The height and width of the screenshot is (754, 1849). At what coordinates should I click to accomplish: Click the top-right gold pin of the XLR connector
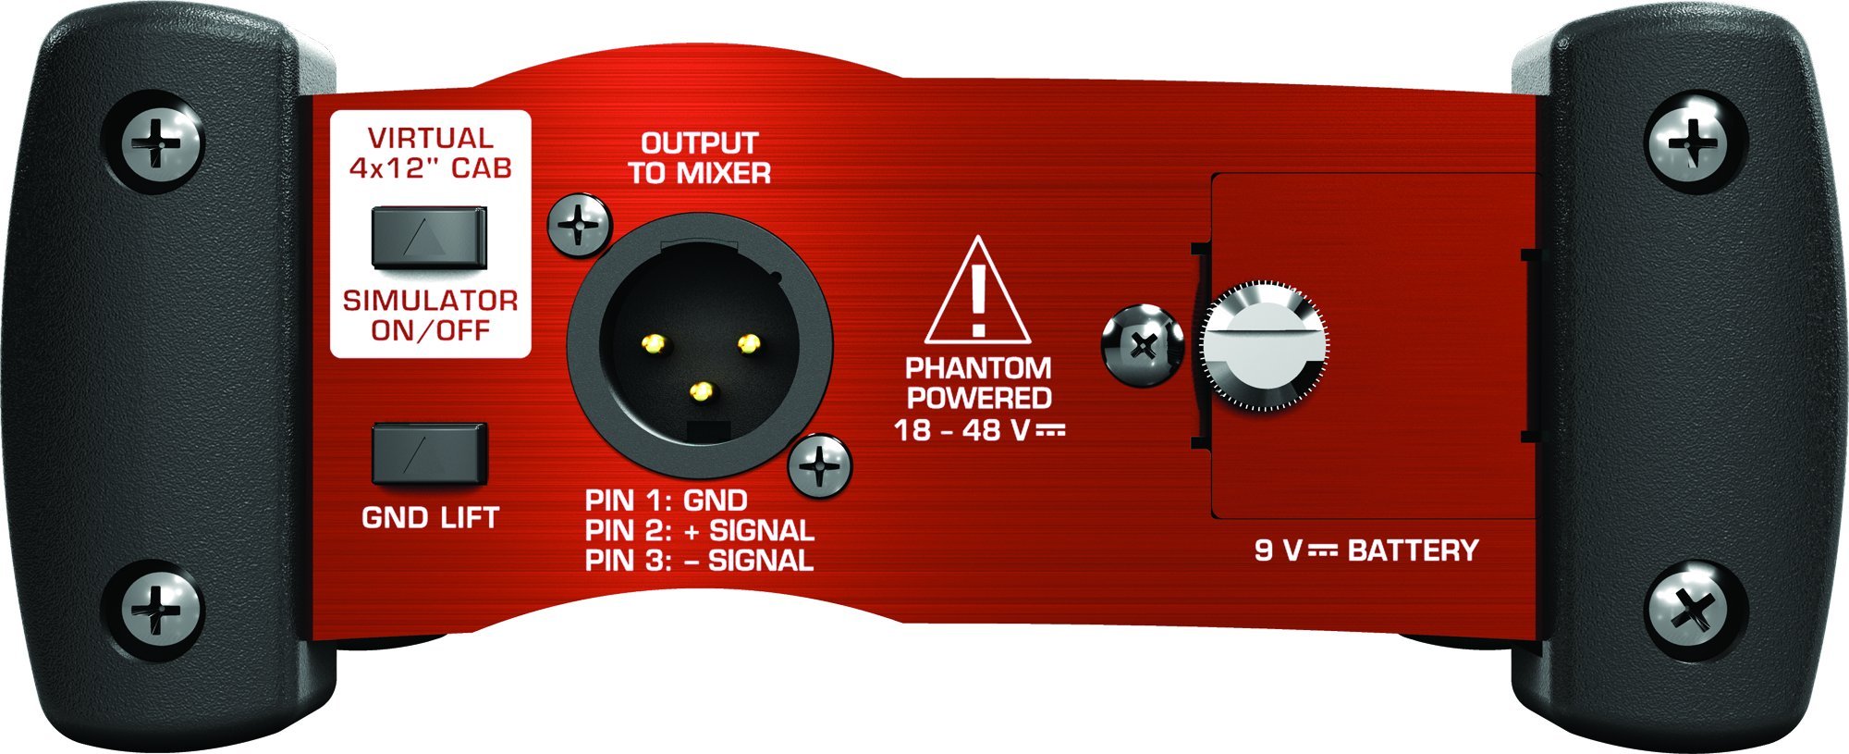pos(747,345)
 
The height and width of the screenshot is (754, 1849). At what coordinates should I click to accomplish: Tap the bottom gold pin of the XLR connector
pos(703,391)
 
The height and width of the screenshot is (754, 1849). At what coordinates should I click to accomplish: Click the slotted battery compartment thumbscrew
pos(1265,347)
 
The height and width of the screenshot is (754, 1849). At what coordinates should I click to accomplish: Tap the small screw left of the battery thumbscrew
pos(1143,346)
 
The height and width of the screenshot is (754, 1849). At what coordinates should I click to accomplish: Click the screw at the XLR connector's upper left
pos(580,225)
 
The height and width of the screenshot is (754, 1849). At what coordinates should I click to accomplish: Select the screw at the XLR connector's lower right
pos(820,464)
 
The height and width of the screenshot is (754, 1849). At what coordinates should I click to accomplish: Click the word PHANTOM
pos(978,368)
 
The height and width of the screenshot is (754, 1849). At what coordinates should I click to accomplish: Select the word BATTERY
pos(1413,550)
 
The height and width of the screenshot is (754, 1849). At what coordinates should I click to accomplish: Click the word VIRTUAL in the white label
pos(431,139)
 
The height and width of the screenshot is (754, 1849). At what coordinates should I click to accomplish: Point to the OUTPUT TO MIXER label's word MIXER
pos(725,173)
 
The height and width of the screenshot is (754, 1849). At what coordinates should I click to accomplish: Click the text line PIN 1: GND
pos(666,501)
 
